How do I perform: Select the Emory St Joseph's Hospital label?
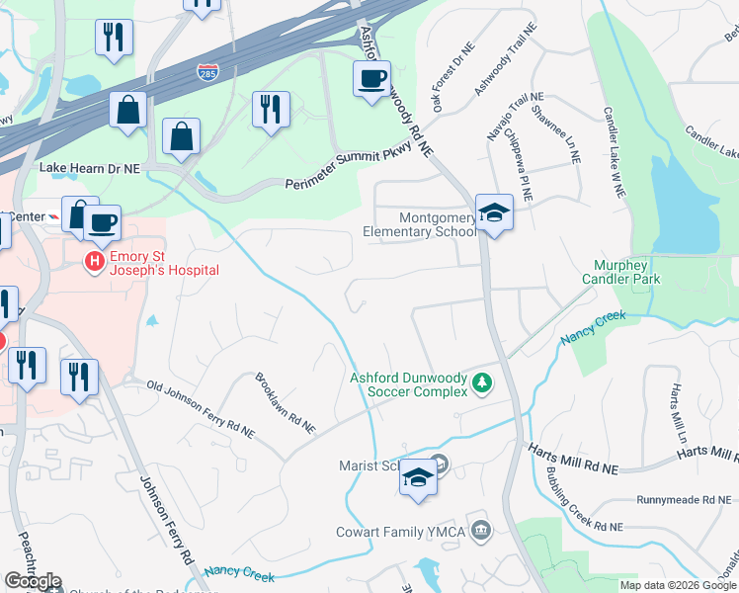(163, 262)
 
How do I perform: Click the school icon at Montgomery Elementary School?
(494, 212)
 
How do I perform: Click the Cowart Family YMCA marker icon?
(481, 529)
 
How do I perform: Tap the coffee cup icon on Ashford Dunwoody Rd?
(371, 78)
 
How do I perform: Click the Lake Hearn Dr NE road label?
(89, 169)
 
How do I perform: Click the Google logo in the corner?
(33, 581)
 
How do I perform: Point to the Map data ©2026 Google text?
(677, 585)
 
